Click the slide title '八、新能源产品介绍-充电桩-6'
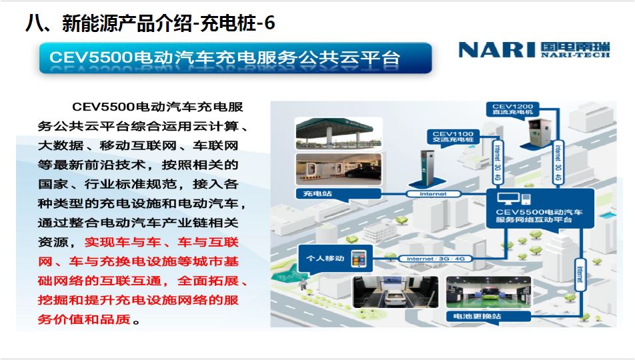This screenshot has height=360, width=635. (150, 23)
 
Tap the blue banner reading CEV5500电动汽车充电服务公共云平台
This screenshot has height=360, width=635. (235, 58)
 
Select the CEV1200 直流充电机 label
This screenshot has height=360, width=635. (513, 109)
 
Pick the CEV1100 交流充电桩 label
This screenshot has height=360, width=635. (453, 137)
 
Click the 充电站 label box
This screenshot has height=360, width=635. (338, 193)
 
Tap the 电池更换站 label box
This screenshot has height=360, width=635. (488, 316)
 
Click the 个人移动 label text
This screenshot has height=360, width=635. (325, 258)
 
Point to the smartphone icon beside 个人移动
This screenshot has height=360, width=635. (358, 259)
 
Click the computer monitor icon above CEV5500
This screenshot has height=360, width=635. (509, 199)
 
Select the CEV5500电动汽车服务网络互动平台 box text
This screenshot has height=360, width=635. (539, 215)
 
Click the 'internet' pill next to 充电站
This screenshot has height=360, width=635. (433, 194)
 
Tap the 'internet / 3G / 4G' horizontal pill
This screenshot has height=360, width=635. (436, 259)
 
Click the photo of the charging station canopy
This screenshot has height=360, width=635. (339, 133)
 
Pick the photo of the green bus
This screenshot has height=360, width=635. (488, 293)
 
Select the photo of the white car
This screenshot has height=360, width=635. (396, 293)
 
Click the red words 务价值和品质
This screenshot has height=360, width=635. (84, 319)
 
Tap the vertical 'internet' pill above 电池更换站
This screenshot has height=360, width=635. (580, 275)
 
